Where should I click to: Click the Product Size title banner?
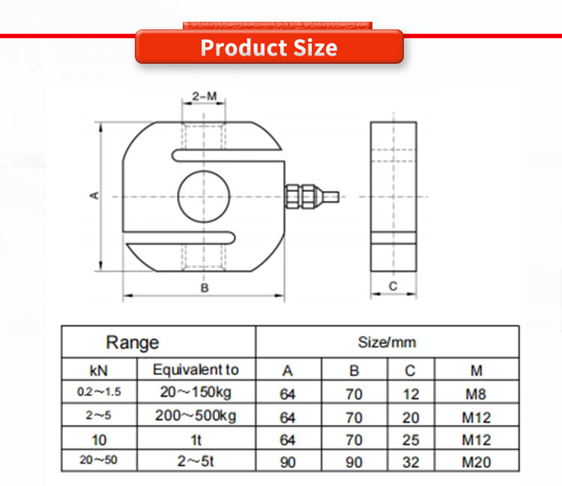(x=269, y=47)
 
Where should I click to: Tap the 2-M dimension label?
(x=205, y=96)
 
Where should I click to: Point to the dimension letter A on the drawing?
(x=94, y=196)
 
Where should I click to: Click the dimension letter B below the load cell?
(x=205, y=288)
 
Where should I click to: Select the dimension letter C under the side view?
(x=393, y=286)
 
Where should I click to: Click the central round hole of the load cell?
(x=204, y=196)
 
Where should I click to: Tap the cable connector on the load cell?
(x=312, y=196)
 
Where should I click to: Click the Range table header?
(x=132, y=342)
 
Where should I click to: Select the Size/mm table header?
(x=387, y=342)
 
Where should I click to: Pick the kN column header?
(x=99, y=370)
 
